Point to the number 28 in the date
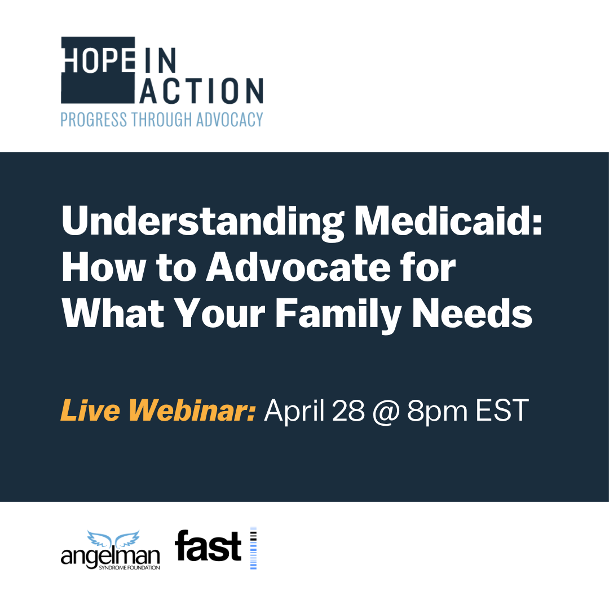(348, 411)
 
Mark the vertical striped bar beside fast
(253, 548)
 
